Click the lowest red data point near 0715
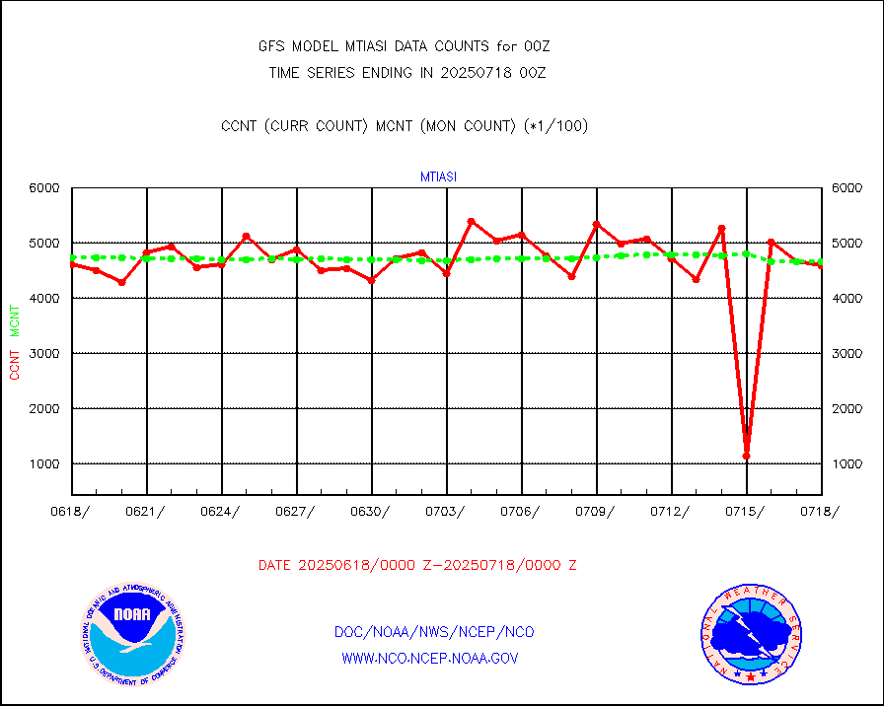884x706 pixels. tap(747, 457)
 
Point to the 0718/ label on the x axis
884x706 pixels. tap(821, 511)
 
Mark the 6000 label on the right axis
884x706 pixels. tap(847, 187)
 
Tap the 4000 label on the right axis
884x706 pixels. tap(847, 298)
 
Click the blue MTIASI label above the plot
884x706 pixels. tap(438, 176)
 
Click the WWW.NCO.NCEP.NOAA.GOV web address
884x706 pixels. tap(429, 658)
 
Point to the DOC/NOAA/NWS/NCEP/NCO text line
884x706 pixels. tap(434, 632)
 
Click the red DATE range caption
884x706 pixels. tap(417, 565)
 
